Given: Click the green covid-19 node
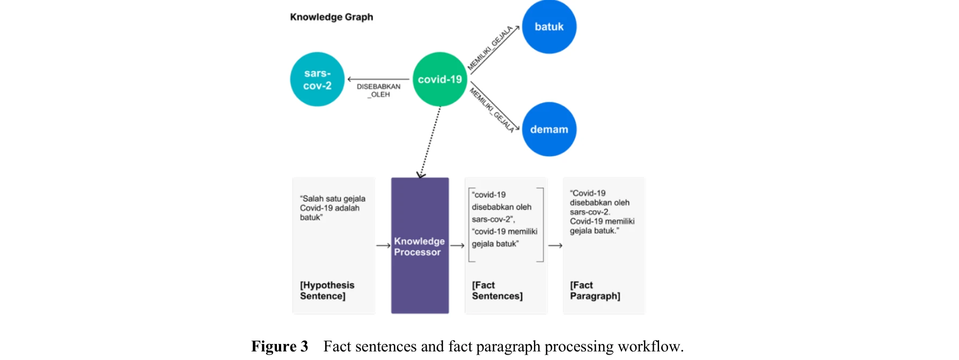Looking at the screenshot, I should coord(440,79).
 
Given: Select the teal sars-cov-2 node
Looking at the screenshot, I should coord(317,79).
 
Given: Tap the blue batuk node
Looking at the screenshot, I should coord(549,27).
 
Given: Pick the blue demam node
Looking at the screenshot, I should coord(549,129).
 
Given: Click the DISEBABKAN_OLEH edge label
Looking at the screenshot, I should coord(378,90).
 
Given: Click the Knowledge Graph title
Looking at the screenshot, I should coord(331,17).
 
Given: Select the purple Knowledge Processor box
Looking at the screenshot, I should coord(420,245).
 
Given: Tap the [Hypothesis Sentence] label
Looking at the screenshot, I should coord(327,290).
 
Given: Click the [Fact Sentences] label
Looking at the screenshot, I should coord(497,290).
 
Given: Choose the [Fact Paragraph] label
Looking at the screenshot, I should coord(595,290).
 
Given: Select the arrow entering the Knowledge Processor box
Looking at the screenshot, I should coord(383,246).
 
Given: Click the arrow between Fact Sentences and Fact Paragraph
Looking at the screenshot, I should coord(555,246).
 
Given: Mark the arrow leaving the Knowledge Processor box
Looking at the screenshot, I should coord(457,246).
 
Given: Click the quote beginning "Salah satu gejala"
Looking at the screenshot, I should coord(332,208).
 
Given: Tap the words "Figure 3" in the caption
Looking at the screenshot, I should coord(280,347).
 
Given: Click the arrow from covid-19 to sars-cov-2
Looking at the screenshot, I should coord(378,79).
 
